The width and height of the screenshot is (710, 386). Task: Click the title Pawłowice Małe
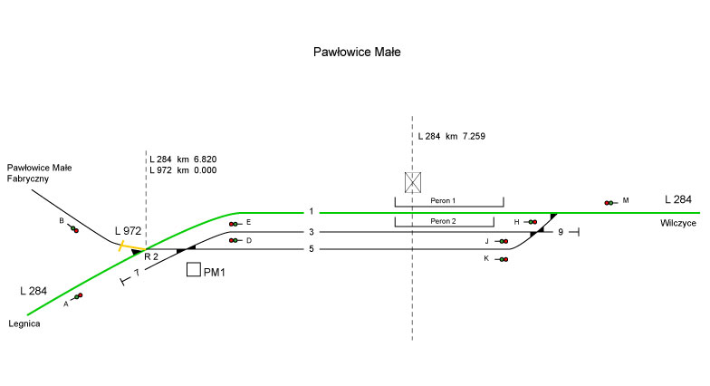point(356,53)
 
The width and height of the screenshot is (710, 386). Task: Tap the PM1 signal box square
point(193,270)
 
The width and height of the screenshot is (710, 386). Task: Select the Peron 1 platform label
point(448,199)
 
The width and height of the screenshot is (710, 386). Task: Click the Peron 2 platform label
point(444,221)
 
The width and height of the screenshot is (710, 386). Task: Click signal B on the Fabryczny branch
point(72,228)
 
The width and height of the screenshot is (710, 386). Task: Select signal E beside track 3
point(235,223)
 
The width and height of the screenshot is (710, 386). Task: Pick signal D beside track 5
point(235,240)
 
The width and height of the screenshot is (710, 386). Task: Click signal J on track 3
point(502,241)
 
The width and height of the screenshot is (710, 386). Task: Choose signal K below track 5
point(501,259)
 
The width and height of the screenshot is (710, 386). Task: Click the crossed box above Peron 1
point(413,183)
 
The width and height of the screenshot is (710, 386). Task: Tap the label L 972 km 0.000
point(184,170)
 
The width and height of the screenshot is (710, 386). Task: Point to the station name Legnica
point(25,323)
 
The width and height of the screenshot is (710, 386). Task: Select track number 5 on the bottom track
point(311,248)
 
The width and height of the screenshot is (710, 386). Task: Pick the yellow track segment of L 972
point(131,246)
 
